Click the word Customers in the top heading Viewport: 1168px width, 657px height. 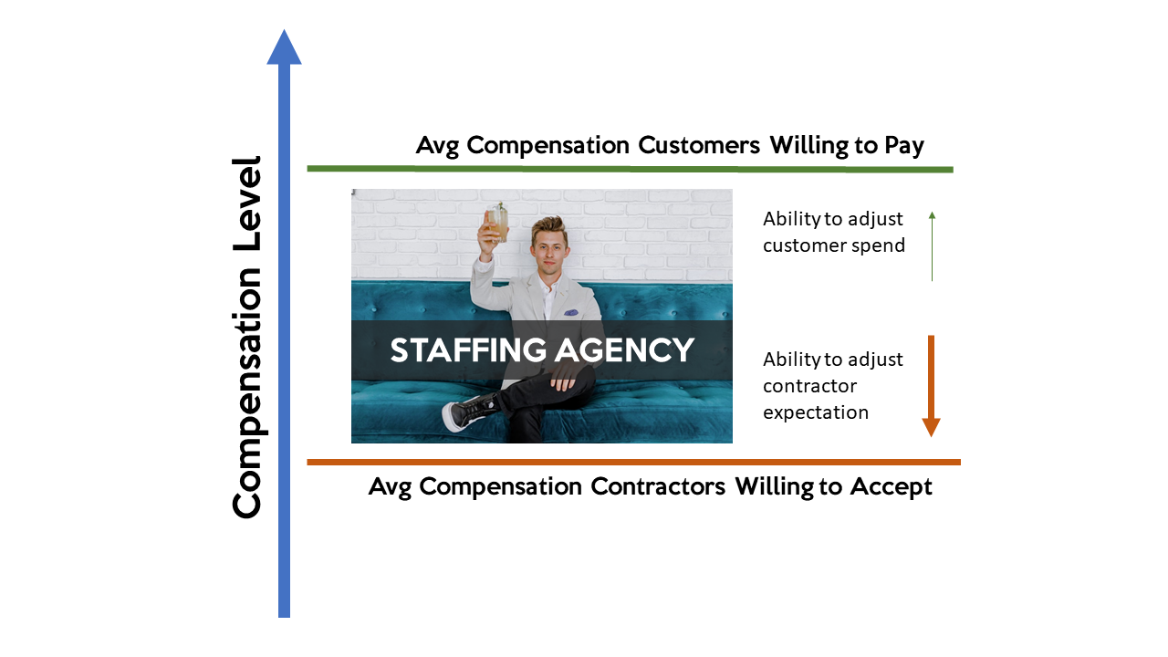699,145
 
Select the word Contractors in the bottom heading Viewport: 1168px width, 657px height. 658,486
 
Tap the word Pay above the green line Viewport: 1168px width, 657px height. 904,146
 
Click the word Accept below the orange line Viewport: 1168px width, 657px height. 892,487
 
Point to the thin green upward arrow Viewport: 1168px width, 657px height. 932,246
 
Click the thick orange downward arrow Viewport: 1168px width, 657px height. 931,386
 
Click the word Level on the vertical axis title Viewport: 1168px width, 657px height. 246,203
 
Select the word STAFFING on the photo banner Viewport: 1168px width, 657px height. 468,349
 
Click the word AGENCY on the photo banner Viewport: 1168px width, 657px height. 624,349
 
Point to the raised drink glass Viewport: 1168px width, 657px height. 497,223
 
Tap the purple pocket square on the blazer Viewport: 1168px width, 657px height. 571,313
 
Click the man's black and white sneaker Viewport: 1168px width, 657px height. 469,412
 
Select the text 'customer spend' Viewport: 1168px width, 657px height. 834,245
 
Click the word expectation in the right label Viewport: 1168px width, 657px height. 816,412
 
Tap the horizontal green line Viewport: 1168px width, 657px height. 630,169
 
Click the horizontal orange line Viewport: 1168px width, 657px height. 633,462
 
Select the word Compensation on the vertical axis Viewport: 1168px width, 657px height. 246,393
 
